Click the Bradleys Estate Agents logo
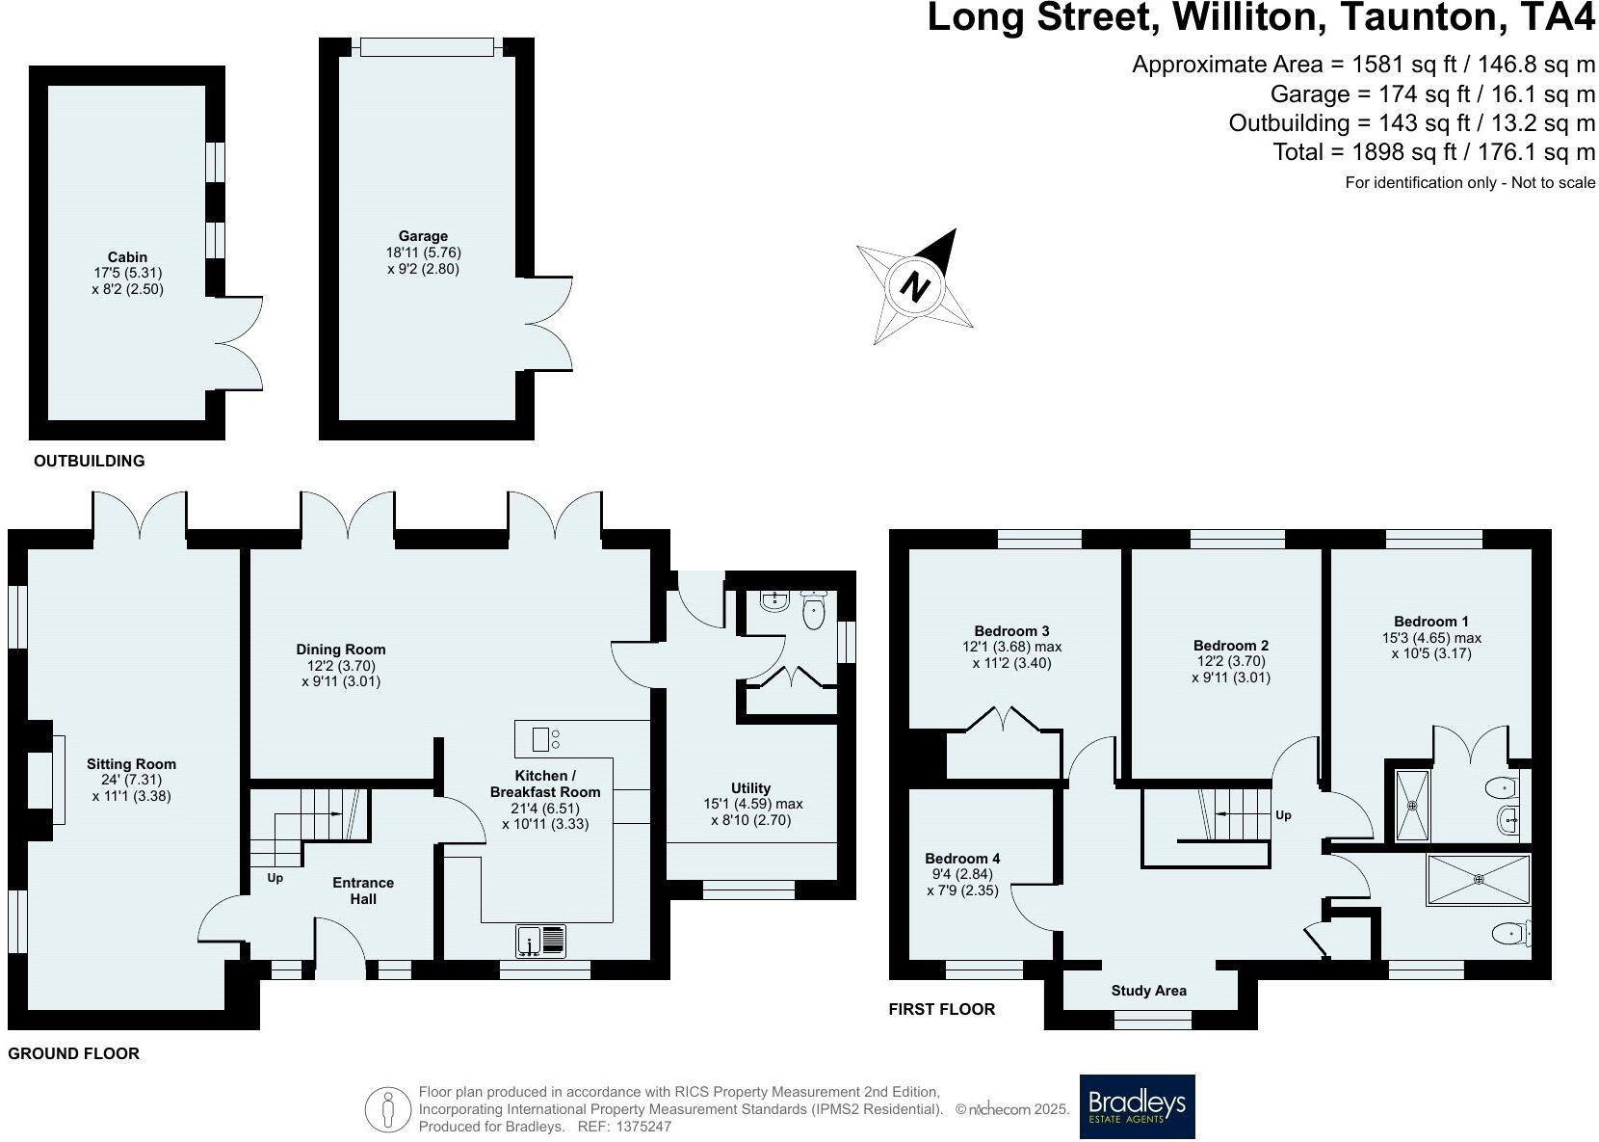tap(1137, 1105)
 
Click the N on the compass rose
tap(915, 286)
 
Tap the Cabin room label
tap(127, 256)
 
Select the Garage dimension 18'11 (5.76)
tap(423, 252)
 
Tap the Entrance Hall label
tap(363, 890)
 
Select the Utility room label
tap(750, 787)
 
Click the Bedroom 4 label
tap(962, 858)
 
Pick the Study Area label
tap(1148, 991)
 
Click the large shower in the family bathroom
tap(1478, 878)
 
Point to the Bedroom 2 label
tap(1231, 646)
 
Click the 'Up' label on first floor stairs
tap(1283, 815)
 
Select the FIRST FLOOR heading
tap(941, 1009)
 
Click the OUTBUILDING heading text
tap(89, 461)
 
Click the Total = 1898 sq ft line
tap(1433, 152)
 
